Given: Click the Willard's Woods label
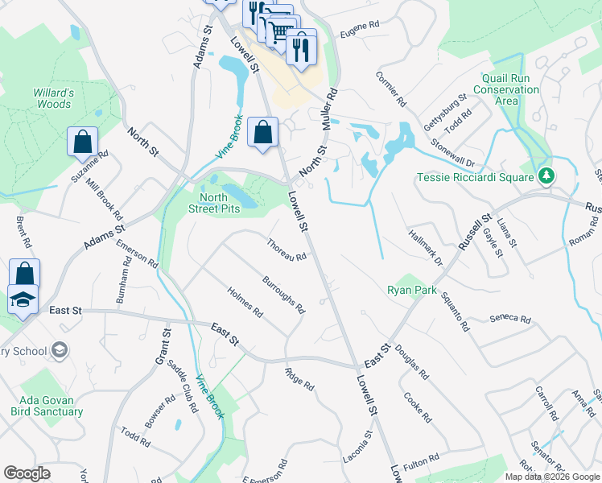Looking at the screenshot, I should [x=53, y=98].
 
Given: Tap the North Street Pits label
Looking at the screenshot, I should [x=221, y=203].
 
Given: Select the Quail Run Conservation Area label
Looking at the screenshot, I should [x=510, y=89].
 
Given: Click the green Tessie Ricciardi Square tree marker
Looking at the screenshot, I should [x=546, y=175].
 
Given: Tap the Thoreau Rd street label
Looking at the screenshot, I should [x=287, y=250].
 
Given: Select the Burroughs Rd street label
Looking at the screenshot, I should [x=284, y=295].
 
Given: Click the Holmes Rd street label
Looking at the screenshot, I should [x=245, y=301].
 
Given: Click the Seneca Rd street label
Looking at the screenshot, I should [x=510, y=320].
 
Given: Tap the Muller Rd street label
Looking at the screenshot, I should [x=328, y=111].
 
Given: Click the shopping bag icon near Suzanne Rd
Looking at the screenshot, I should [x=82, y=142].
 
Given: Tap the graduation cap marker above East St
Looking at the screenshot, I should [x=23, y=299].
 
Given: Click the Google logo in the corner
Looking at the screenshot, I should [x=27, y=473].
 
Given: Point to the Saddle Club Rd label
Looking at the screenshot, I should [x=183, y=386].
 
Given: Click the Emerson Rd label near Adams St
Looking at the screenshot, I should [x=137, y=254].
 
